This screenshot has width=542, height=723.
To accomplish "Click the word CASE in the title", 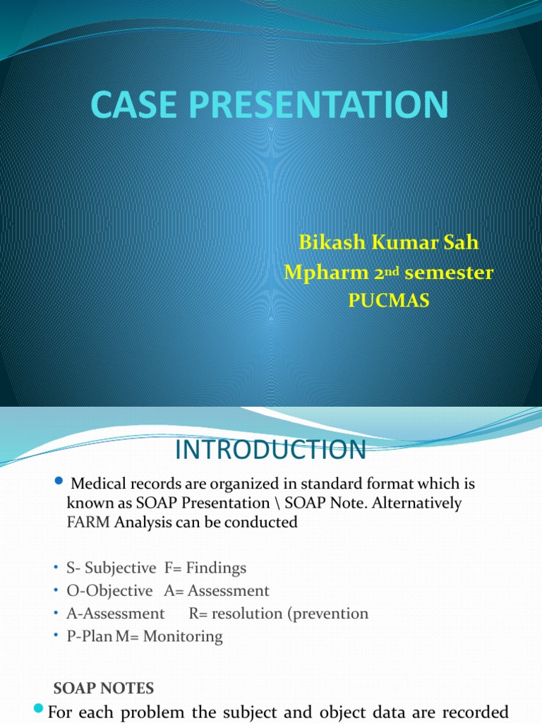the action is (x=133, y=104).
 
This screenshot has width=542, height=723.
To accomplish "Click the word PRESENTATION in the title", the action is (x=318, y=104).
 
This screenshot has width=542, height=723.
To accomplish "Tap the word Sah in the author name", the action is (x=461, y=242).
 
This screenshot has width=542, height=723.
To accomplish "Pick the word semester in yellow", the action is (x=449, y=273).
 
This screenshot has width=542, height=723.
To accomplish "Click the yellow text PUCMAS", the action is (x=389, y=300).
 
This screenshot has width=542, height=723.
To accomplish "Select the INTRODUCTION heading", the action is (x=270, y=450).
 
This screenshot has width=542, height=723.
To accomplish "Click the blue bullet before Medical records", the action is (x=59, y=481).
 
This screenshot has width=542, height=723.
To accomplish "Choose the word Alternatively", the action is (x=416, y=503).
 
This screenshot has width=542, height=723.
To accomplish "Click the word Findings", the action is (x=216, y=568).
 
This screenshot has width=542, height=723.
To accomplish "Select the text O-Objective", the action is (x=109, y=591).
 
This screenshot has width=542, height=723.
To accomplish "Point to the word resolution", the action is (x=247, y=614).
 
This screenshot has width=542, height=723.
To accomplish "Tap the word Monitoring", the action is (x=183, y=636).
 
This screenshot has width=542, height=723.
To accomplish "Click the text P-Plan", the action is (x=90, y=636).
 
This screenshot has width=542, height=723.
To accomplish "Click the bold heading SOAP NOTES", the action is (x=104, y=688).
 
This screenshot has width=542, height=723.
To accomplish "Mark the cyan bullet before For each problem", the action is (x=38, y=707).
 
